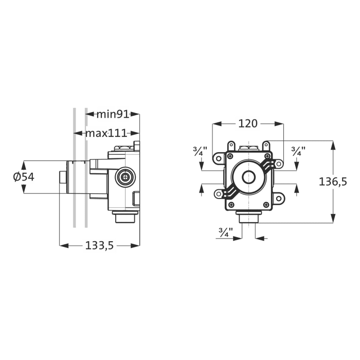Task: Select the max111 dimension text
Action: (x=106, y=133)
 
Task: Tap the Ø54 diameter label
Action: (x=24, y=176)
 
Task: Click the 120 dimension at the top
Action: (x=248, y=123)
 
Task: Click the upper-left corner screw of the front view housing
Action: (x=230, y=156)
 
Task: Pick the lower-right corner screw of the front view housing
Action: (x=266, y=205)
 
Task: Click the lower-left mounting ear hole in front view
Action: (x=219, y=194)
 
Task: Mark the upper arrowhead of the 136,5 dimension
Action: (x=333, y=145)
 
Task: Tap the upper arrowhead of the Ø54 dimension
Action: (x=24, y=164)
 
